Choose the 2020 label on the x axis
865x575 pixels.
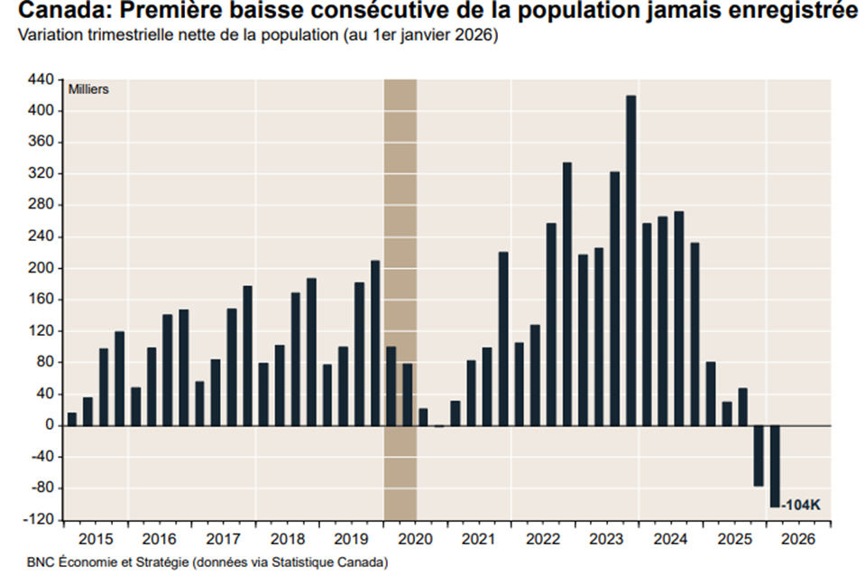point(415,539)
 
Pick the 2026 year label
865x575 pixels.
point(799,539)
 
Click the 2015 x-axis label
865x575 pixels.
point(95,539)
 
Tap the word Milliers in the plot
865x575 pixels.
point(88,89)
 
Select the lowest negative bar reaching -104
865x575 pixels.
point(775,466)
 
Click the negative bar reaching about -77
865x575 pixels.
point(759,456)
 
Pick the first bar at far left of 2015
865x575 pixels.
point(72,419)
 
